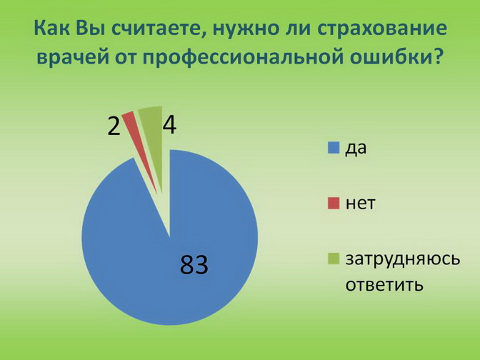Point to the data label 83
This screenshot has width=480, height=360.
click(194, 264)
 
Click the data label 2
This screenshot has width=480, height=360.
click(114, 126)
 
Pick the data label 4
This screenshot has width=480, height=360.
click(169, 125)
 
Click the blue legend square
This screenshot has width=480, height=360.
click(334, 148)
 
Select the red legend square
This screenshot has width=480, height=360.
click(334, 204)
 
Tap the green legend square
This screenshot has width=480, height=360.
click(334, 259)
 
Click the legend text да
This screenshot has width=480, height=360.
click(356, 149)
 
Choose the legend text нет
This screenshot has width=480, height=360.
click(360, 204)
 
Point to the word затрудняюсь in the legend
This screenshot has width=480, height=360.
click(403, 260)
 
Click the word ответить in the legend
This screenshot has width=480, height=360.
click(384, 285)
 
